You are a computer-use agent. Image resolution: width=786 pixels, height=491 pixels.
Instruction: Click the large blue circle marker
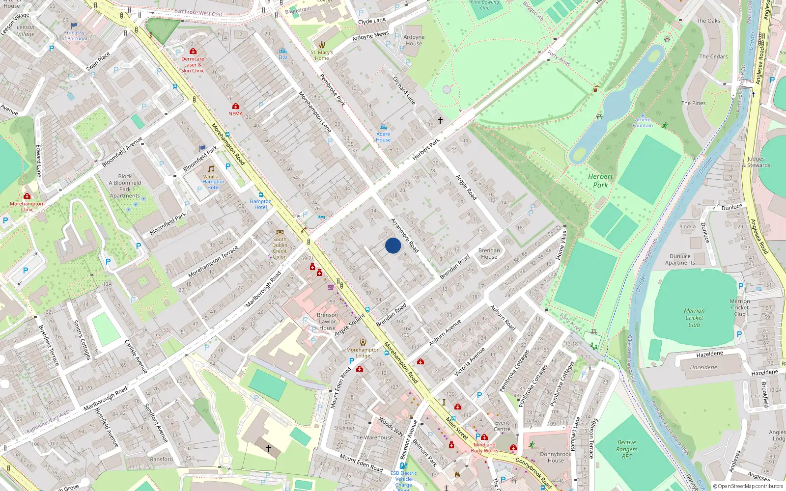click(393, 245)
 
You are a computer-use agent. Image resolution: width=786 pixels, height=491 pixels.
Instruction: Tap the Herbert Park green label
click(600, 181)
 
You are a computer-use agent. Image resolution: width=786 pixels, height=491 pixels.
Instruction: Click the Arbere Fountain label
click(643, 123)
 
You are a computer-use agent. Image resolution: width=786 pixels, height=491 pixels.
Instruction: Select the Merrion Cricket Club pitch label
click(694, 318)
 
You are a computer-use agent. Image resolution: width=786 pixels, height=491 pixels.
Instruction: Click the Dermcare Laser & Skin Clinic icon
click(193, 52)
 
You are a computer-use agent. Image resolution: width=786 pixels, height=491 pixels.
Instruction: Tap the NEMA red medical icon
click(236, 107)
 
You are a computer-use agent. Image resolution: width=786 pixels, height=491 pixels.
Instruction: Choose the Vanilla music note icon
click(211, 169)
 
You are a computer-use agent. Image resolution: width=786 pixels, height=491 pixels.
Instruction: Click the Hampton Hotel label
click(260, 204)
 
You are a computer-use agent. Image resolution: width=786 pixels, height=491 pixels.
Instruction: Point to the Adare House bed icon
click(383, 128)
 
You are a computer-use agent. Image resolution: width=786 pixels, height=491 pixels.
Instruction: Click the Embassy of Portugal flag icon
click(74, 26)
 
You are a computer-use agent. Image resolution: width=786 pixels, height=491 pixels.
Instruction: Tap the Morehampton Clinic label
click(27, 207)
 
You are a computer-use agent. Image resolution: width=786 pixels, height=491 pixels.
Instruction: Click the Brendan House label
click(489, 253)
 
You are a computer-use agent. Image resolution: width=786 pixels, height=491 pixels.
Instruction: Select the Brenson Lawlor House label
click(327, 322)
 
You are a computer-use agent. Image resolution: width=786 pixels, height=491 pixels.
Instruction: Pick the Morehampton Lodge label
click(363, 353)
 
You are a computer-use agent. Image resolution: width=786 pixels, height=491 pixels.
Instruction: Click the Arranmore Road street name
click(404, 236)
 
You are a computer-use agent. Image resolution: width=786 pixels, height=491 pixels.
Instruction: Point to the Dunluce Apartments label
click(680, 259)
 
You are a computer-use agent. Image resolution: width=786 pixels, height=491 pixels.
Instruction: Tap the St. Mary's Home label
click(322, 55)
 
